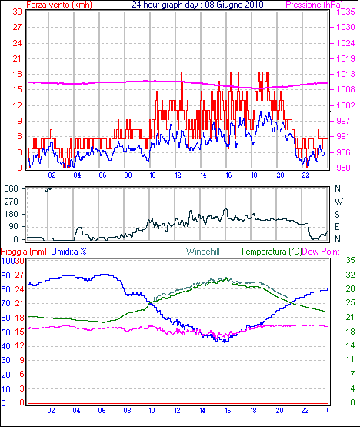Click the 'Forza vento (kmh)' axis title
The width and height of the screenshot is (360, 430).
click(59, 5)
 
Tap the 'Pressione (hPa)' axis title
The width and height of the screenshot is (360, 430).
click(314, 5)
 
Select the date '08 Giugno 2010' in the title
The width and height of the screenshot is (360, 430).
click(234, 5)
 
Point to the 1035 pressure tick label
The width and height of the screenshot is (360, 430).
click(345, 12)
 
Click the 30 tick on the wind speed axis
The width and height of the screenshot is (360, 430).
click(17, 12)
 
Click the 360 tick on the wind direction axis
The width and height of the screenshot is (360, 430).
click(12, 188)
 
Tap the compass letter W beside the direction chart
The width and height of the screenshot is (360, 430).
click(338, 202)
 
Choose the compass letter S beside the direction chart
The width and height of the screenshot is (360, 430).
click(338, 214)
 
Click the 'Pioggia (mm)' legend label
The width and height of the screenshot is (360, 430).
click(24, 252)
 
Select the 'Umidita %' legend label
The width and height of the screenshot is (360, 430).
click(68, 252)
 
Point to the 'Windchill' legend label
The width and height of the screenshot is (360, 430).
click(203, 252)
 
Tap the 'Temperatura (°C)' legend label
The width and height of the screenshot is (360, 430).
click(271, 252)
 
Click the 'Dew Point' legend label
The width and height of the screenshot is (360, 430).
click(321, 252)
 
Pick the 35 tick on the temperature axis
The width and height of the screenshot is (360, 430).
click(350, 260)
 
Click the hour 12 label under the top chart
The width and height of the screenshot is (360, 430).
click(178, 175)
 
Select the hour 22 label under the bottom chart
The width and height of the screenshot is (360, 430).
click(305, 410)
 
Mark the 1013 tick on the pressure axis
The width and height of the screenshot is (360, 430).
click(345, 74)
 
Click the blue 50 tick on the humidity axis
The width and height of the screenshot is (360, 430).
click(5, 332)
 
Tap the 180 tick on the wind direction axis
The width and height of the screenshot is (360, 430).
click(12, 214)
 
